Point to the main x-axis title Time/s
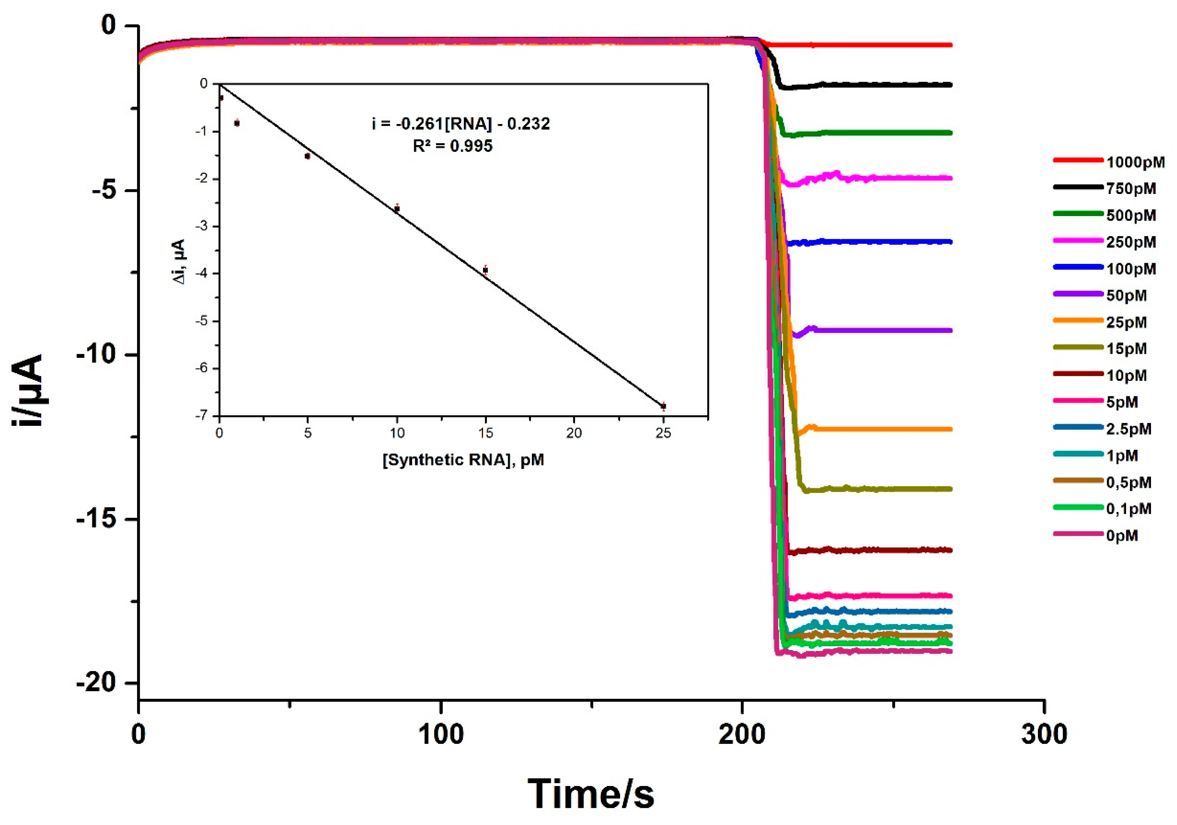coord(591,794)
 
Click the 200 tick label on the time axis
coord(741,735)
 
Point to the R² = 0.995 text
coord(452,146)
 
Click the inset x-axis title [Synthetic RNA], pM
coord(463,460)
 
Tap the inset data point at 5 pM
coord(307,156)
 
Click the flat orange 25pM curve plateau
coord(882,429)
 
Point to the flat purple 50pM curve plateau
coord(882,331)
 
